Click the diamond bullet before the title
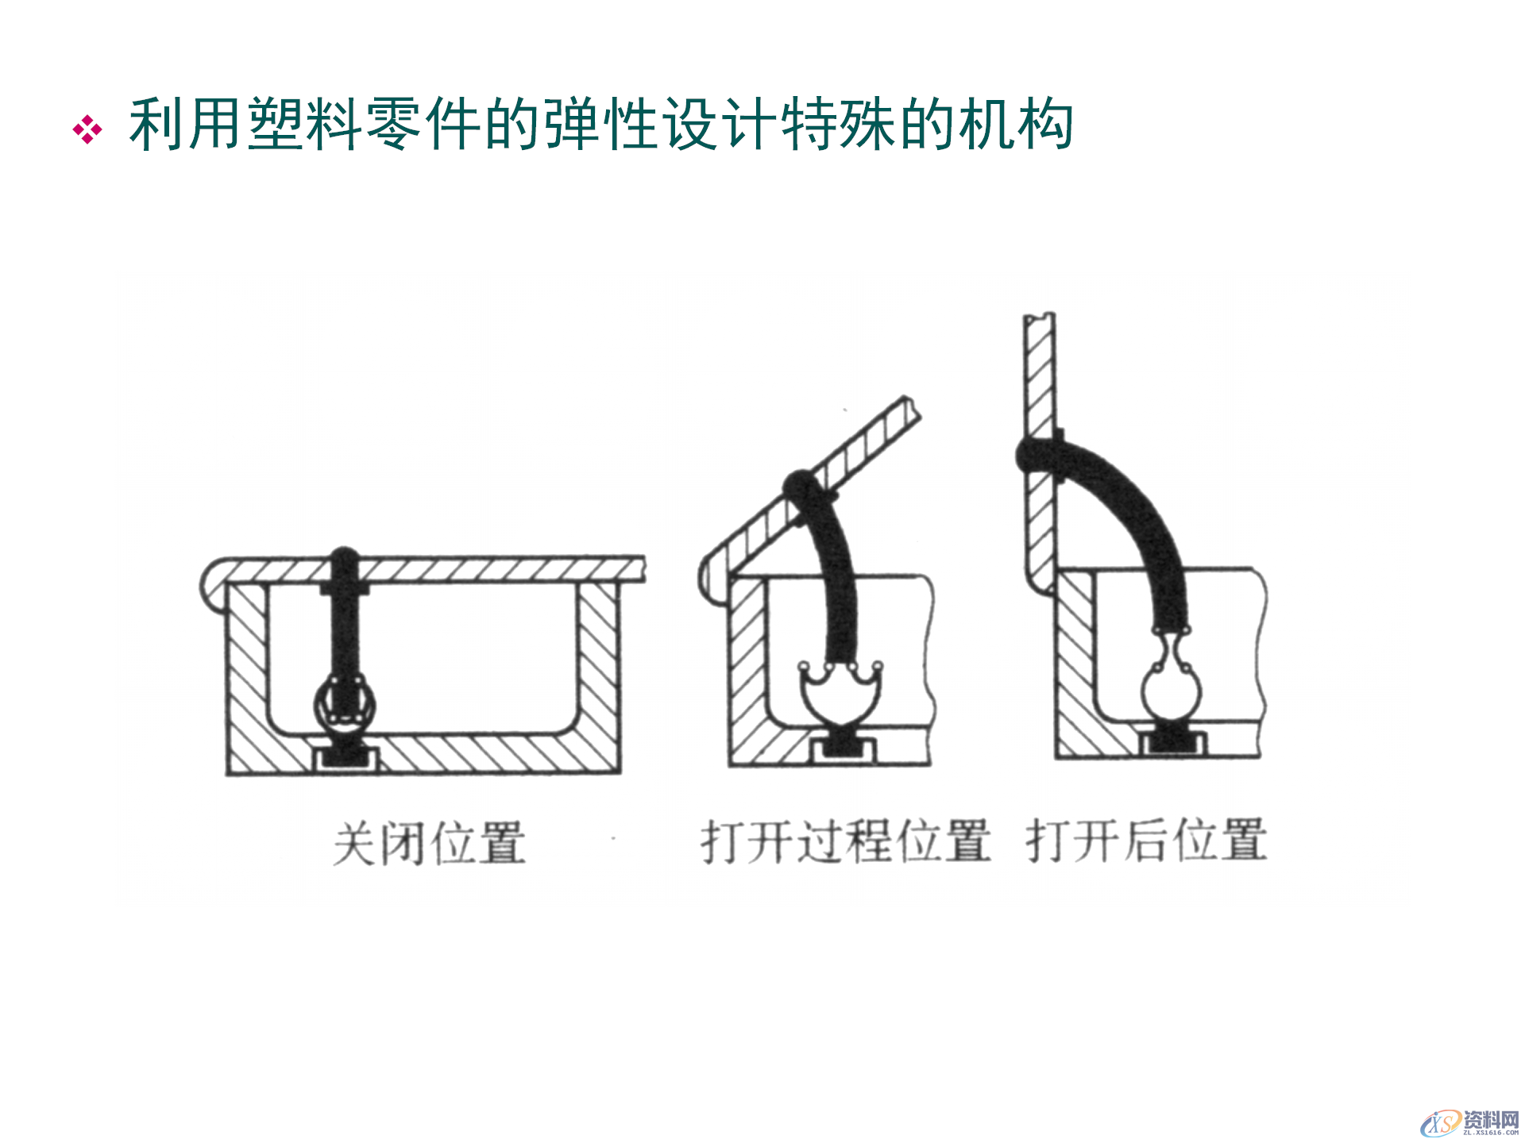[x=87, y=129]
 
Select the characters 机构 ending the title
[x=1017, y=125]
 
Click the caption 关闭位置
[x=430, y=843]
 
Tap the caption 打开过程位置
[x=845, y=841]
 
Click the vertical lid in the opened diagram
[x=1039, y=373]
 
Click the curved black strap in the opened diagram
[x=1136, y=508]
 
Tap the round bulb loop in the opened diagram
[x=1172, y=691]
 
